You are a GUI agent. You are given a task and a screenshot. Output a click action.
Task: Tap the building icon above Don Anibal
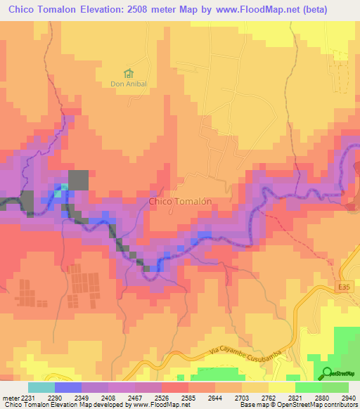127,72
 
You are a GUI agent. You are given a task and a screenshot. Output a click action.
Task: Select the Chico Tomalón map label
180,201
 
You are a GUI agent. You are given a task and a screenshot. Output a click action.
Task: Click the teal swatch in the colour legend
41,387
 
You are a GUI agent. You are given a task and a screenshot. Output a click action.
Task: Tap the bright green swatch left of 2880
308,387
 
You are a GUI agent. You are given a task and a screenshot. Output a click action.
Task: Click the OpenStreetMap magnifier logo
328,372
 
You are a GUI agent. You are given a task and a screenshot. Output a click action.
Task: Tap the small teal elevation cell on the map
64,187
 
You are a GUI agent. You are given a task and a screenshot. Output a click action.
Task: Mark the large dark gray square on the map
78,180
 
